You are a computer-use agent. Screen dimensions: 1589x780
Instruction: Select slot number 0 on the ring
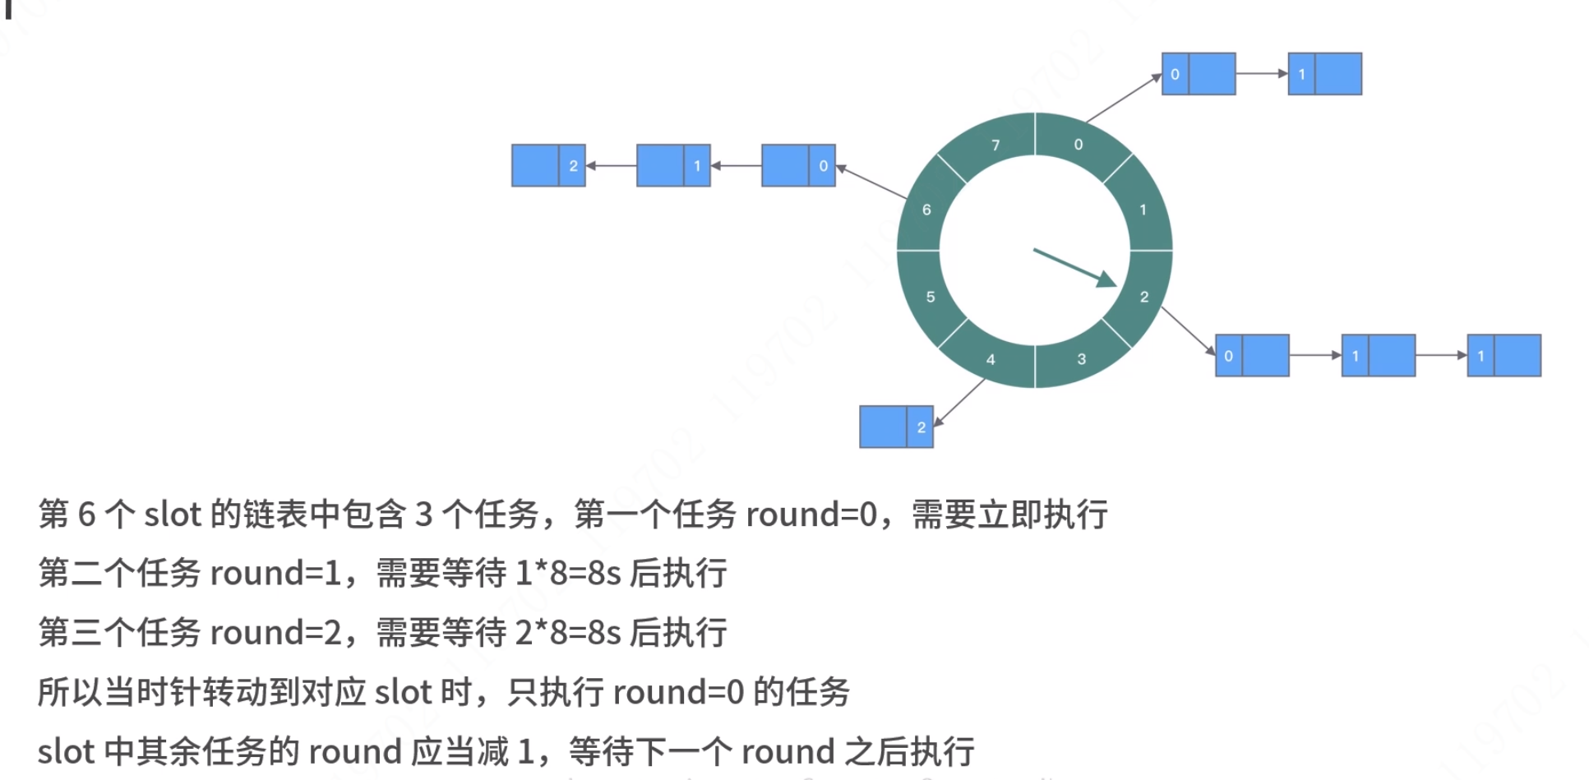pyautogui.click(x=1079, y=144)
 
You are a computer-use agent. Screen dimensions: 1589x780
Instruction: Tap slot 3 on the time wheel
pyautogui.click(x=1081, y=358)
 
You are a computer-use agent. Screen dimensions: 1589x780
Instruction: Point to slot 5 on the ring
pyautogui.click(x=930, y=297)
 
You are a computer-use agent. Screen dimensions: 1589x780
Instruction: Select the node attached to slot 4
pyautogui.click(x=896, y=427)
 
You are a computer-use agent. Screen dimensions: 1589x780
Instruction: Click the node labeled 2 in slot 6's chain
pyautogui.click(x=548, y=165)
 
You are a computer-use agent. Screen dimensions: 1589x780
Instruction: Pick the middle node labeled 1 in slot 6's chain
pyautogui.click(x=673, y=165)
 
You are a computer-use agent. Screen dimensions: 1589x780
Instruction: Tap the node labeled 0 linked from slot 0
pyautogui.click(x=1198, y=74)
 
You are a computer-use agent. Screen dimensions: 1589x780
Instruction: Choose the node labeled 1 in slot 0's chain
pyautogui.click(x=1324, y=74)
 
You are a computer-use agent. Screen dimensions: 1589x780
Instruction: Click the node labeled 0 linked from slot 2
pyautogui.click(x=1252, y=355)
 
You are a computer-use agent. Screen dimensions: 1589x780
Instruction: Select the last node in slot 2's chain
pyautogui.click(x=1504, y=355)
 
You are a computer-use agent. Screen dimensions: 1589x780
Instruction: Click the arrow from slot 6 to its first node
pyautogui.click(x=871, y=182)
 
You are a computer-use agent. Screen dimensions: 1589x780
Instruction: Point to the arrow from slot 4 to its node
pyautogui.click(x=959, y=403)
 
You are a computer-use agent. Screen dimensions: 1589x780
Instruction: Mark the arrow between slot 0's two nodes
pyautogui.click(x=1261, y=73)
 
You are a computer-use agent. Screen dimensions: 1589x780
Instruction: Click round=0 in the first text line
pyautogui.click(x=811, y=515)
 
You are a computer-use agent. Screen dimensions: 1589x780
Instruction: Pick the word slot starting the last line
pyautogui.click(x=66, y=751)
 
